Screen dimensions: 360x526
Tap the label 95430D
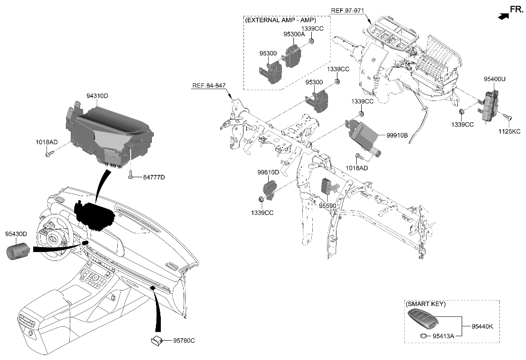pyautogui.click(x=16, y=233)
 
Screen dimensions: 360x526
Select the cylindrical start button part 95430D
pyautogui.click(x=18, y=251)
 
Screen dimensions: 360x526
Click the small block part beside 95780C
pyautogui.click(x=158, y=340)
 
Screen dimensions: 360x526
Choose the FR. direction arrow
pyautogui.click(x=503, y=16)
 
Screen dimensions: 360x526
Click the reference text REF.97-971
pyautogui.click(x=348, y=10)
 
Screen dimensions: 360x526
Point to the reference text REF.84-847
pyautogui.click(x=208, y=86)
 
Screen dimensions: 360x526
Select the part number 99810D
pyautogui.click(x=269, y=172)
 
